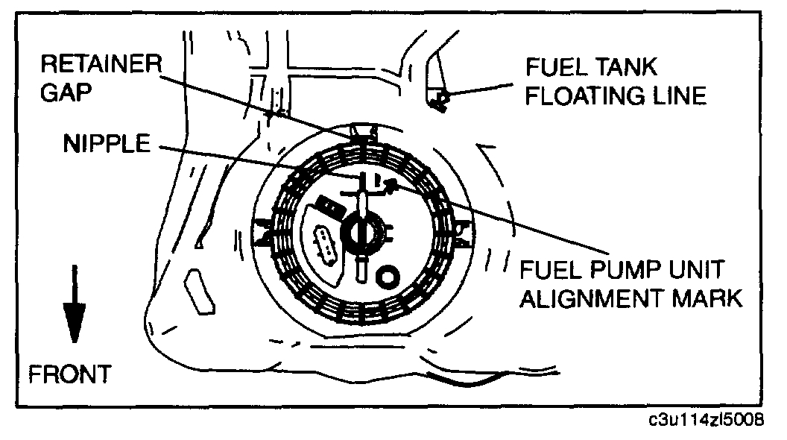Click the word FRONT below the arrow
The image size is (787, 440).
[x=69, y=374]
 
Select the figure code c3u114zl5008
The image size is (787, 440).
[x=706, y=421]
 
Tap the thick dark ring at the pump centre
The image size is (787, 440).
[x=358, y=233]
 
